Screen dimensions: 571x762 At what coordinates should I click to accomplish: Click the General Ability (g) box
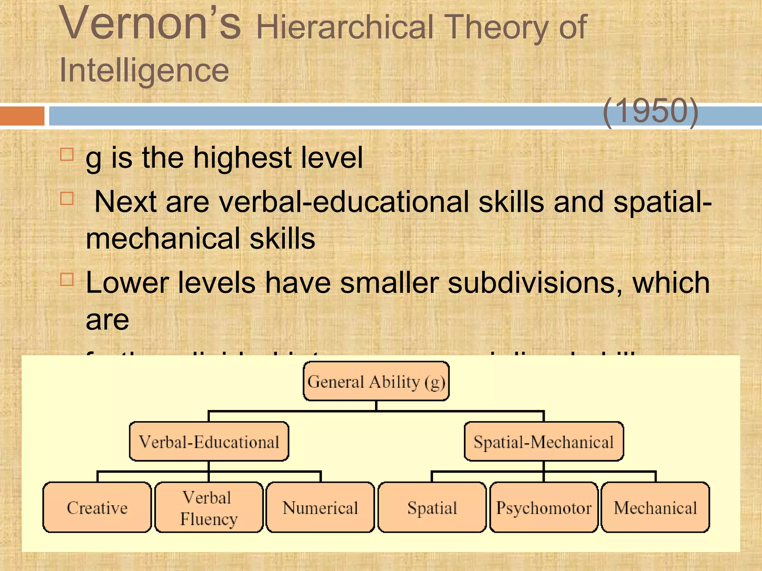tap(376, 381)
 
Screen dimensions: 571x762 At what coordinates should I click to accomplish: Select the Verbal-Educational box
tap(209, 442)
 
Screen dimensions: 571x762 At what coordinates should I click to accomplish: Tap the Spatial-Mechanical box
tap(544, 442)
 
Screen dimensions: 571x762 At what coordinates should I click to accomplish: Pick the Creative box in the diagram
tap(97, 507)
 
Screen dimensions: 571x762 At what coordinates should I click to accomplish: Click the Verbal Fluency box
tap(209, 507)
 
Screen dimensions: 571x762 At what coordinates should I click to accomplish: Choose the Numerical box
tap(320, 507)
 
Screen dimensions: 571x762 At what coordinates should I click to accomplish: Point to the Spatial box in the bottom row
tap(432, 507)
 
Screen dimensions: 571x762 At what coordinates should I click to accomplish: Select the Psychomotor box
tap(544, 507)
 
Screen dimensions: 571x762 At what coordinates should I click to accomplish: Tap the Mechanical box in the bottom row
tap(655, 507)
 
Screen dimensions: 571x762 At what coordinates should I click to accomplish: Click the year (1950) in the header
tap(650, 111)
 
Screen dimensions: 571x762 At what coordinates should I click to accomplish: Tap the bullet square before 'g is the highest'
tap(67, 154)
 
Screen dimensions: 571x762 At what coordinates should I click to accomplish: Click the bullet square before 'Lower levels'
tap(67, 279)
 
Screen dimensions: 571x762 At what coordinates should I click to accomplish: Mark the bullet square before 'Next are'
tap(67, 198)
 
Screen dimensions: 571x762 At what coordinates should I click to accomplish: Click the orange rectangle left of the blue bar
tap(22, 116)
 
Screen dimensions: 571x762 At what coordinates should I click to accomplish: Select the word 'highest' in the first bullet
tap(242, 158)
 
